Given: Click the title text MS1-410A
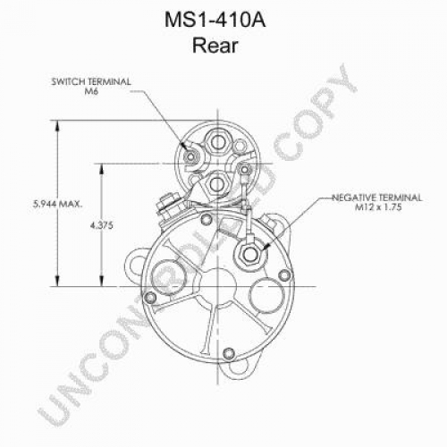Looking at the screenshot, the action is pyautogui.click(x=215, y=21).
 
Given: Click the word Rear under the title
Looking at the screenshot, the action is pyautogui.click(x=215, y=46).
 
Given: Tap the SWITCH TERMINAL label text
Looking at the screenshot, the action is pyautogui.click(x=91, y=81).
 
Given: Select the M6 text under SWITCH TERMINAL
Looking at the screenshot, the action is pyautogui.click(x=91, y=91).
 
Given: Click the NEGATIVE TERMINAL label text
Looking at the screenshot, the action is pyautogui.click(x=377, y=198).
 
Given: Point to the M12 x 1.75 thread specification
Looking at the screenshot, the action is pyautogui.click(x=378, y=207).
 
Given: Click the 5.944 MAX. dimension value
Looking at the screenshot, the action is pyautogui.click(x=58, y=204).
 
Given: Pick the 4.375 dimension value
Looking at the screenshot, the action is pyautogui.click(x=102, y=225).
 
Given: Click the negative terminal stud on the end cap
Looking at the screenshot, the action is pyautogui.click(x=250, y=254).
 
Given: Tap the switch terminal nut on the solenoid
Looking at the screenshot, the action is pyautogui.click(x=190, y=156).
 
